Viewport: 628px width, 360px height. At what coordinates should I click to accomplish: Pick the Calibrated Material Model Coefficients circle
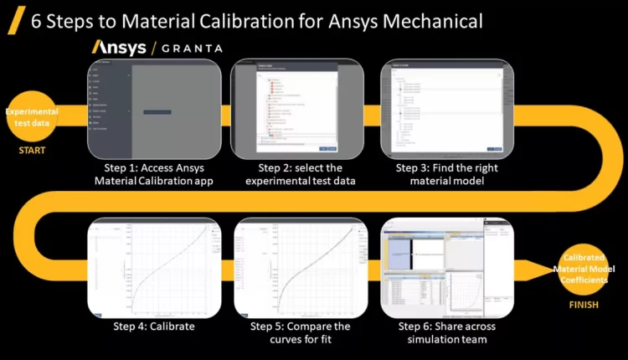(584, 268)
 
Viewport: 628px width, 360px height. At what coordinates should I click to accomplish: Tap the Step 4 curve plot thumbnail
(153, 267)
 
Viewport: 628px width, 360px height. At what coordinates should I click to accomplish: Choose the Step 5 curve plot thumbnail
(301, 267)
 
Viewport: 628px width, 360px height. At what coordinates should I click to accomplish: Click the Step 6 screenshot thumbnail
(446, 267)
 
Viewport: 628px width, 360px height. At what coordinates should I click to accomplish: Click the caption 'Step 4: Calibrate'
(154, 327)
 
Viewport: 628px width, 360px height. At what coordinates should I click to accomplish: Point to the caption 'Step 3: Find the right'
(447, 167)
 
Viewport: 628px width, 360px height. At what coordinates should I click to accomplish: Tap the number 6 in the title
(37, 20)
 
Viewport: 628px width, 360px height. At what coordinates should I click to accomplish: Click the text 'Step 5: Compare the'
(301, 327)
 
